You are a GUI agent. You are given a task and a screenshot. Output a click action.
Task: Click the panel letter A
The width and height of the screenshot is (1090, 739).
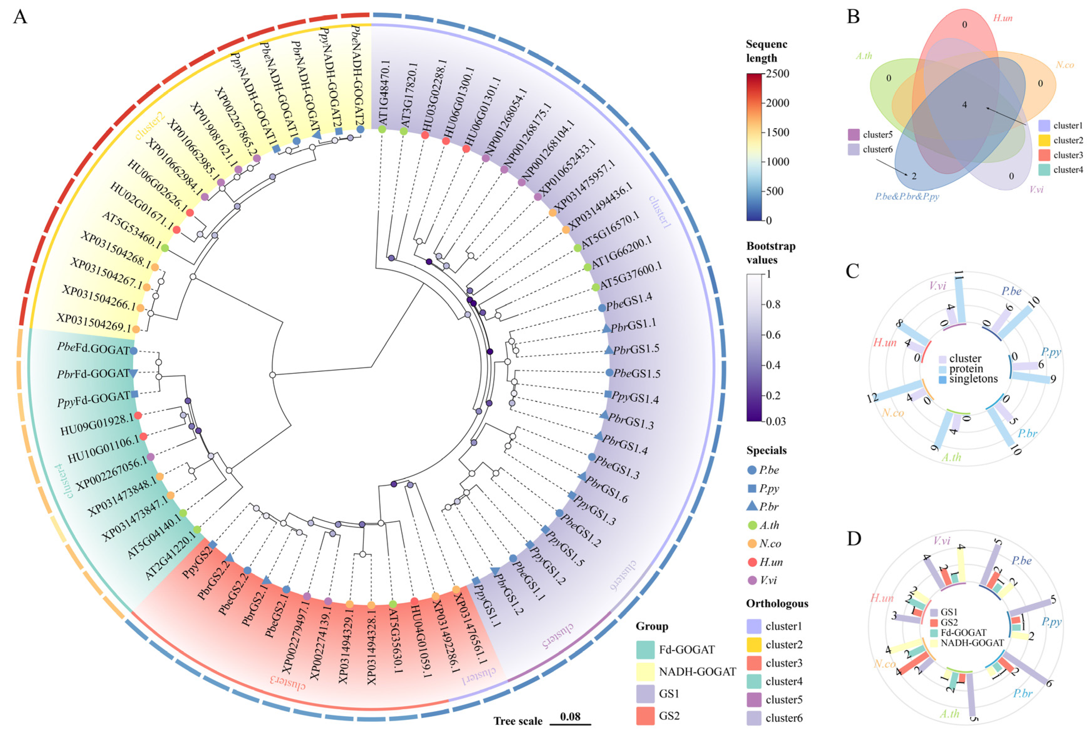click(x=20, y=17)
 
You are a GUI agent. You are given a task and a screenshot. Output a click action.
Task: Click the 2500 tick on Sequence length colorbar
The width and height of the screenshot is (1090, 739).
click(x=778, y=74)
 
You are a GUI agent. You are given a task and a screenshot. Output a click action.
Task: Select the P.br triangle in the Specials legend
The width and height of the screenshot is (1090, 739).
click(x=752, y=506)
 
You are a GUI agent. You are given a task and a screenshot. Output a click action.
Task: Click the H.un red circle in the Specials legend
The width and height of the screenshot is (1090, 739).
click(x=752, y=562)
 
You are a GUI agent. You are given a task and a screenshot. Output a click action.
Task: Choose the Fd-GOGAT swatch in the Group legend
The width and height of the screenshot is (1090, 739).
click(x=645, y=649)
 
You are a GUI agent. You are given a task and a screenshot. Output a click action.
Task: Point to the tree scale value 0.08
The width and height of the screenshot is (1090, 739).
click(x=570, y=716)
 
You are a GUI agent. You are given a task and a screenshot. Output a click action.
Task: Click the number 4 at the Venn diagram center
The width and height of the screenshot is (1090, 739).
click(x=965, y=105)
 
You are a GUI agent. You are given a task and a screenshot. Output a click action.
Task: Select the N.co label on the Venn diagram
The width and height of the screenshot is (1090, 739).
click(x=1065, y=65)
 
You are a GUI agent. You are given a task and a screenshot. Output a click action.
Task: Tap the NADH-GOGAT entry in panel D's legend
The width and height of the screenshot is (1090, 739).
click(x=972, y=643)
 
